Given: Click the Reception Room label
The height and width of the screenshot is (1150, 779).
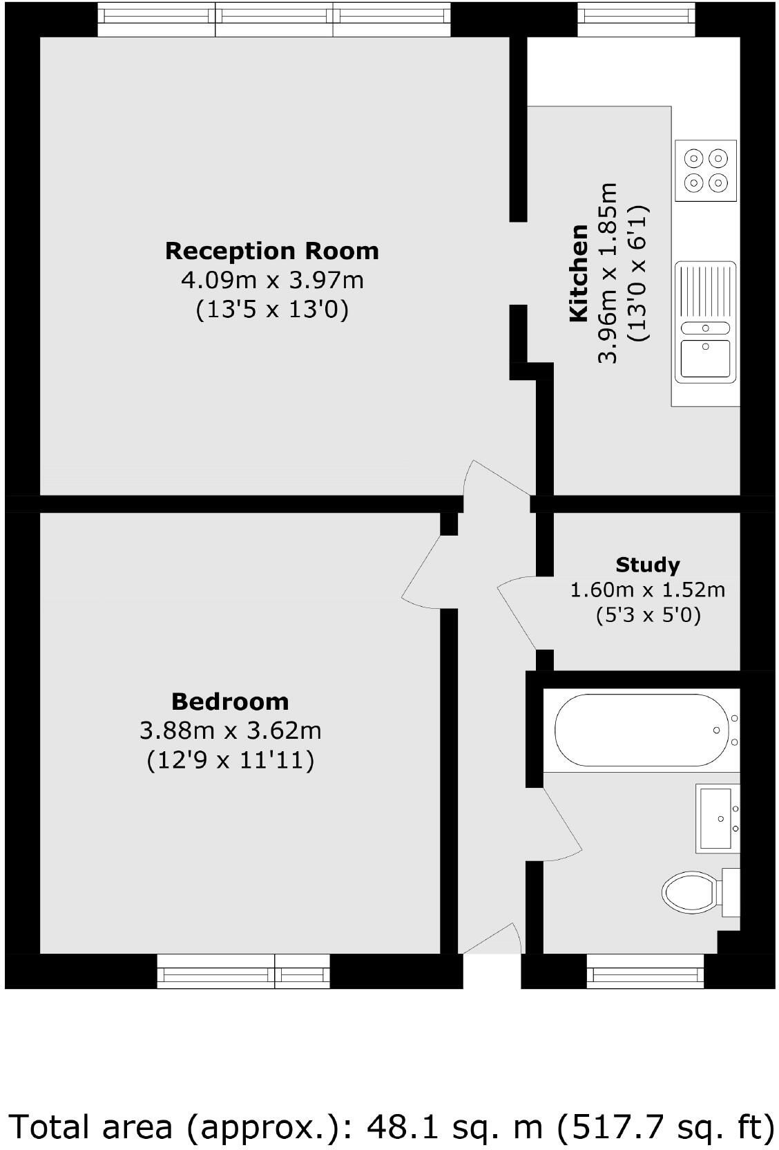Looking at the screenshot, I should coord(271,250).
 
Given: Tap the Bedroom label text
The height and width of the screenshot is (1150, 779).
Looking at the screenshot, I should coord(230,701).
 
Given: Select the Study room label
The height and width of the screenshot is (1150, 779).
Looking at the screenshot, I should coord(647,565).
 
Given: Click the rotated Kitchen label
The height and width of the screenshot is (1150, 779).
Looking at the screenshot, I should coord(578,273).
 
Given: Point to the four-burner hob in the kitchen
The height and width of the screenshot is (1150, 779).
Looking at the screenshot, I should coord(705,170).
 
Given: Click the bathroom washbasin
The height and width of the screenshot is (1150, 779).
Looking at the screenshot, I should coord(718,818).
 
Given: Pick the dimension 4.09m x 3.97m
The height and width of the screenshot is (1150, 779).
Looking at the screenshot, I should coord(271,280).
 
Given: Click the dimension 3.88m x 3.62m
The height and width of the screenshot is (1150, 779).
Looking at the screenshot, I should coord(230,730).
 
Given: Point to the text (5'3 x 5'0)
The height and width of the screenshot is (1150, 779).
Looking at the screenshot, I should coord(648,614).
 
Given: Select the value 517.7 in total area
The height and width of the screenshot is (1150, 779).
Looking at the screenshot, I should coord(610,1126).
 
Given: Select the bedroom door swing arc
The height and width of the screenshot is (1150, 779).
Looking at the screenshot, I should coord(421,574).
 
